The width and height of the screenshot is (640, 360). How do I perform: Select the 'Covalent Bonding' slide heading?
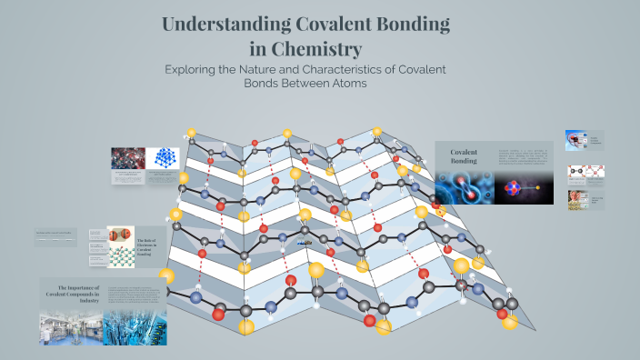(x=465, y=156)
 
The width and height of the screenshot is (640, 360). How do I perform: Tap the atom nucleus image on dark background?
(x=524, y=188)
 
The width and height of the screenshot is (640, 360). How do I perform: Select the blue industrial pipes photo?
(x=135, y=327)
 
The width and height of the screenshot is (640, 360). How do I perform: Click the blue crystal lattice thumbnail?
(x=166, y=157)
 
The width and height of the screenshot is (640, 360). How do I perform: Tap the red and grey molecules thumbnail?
(x=127, y=157)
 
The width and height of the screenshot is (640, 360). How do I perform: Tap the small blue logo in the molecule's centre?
(x=306, y=244)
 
